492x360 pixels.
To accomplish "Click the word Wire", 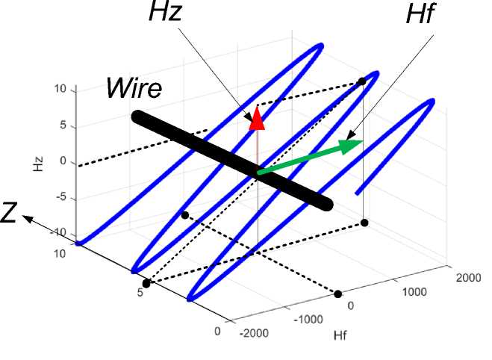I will [x=132, y=88].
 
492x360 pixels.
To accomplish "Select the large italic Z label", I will [x=10, y=214].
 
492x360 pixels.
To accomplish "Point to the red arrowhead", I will [x=257, y=118].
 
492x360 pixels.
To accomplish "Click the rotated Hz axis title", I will [x=37, y=162].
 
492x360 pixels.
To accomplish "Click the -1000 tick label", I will [x=307, y=319].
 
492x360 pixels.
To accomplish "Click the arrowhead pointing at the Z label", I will [x=27, y=218].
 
